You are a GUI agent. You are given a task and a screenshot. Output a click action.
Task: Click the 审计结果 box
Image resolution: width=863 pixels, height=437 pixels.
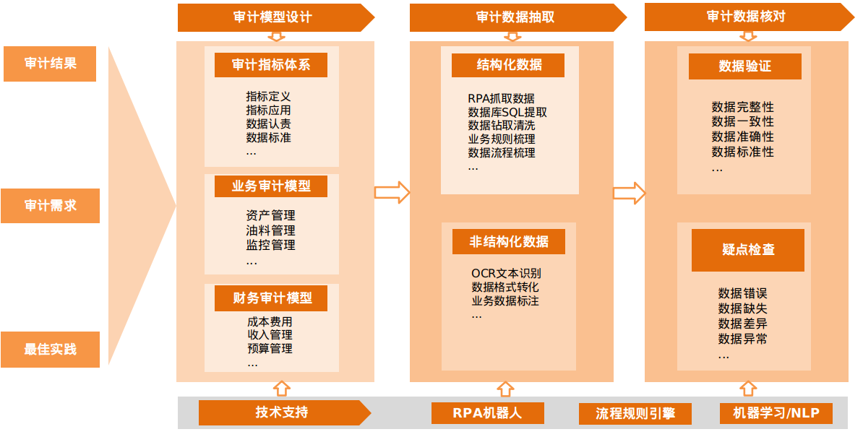coord(50,64)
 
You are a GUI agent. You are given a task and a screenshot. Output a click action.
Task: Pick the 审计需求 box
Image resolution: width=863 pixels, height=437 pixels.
coord(50,206)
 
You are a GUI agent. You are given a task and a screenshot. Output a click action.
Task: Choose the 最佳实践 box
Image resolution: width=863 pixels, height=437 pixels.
coord(50,350)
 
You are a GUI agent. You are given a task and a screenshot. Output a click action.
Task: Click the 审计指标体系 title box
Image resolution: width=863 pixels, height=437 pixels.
coord(271,65)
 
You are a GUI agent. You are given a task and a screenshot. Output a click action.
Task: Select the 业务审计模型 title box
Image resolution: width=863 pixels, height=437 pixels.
coord(271,186)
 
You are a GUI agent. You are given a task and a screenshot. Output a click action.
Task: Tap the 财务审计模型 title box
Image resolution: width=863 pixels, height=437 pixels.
coord(271,298)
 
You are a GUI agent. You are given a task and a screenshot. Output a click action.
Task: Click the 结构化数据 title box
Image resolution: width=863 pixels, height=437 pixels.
coord(510,65)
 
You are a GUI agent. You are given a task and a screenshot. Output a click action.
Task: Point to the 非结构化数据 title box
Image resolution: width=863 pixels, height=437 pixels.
coord(509,242)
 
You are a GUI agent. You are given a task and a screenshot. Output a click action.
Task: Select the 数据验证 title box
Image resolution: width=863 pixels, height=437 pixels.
coord(745,66)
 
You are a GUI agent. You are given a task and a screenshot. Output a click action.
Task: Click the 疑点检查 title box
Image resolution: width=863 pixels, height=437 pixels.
coord(748,250)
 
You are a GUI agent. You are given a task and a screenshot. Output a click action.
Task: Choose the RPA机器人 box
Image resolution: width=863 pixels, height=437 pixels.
coord(487,413)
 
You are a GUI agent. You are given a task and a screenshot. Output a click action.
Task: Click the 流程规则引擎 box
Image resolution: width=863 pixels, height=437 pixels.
coord(635,414)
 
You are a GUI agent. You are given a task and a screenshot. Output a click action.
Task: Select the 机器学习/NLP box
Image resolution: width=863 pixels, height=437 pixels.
coord(776,413)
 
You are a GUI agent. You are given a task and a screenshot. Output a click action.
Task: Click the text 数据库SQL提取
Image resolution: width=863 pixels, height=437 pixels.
coord(507,112)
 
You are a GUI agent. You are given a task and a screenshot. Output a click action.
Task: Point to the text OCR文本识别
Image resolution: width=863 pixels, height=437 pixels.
coord(506,273)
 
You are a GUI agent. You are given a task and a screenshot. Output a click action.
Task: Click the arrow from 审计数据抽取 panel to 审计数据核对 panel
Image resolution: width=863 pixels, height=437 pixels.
coord(629,193)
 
